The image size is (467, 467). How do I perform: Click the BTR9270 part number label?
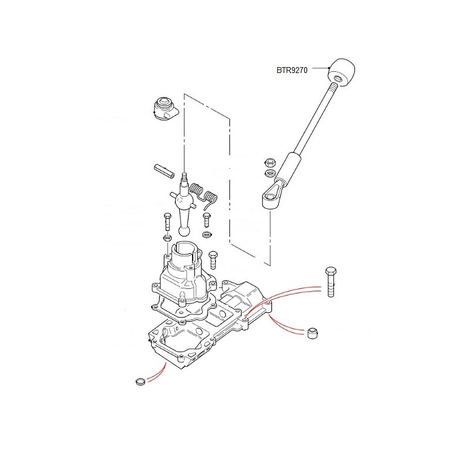(292, 70)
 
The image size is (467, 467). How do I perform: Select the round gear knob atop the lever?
(341, 72)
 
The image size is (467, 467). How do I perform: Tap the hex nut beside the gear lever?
(270, 163)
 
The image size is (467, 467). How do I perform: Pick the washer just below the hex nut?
(270, 172)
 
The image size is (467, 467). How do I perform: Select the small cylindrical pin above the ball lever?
(163, 171)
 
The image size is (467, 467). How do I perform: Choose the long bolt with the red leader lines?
(330, 282)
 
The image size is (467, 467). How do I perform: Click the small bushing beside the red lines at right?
(312, 333)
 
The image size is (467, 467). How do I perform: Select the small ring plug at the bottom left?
(140, 381)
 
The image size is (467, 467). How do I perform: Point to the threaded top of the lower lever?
(184, 177)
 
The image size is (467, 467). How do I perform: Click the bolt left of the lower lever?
(167, 221)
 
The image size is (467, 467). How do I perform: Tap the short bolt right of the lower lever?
(207, 219)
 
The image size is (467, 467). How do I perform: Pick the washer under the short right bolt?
(207, 235)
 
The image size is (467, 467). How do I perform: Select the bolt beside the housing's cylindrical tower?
(213, 260)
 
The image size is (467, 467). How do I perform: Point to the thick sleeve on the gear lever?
(290, 168)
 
